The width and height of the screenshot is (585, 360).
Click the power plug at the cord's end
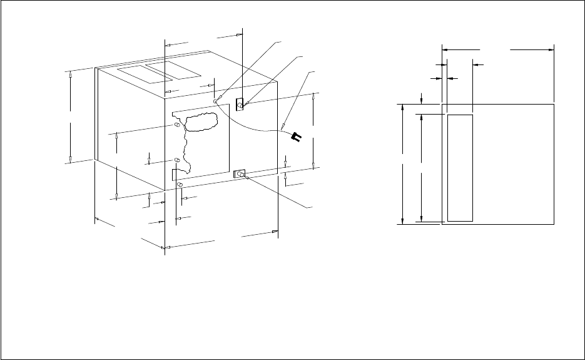297,136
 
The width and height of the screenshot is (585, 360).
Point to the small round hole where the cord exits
215,100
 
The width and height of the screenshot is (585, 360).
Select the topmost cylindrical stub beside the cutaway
177,125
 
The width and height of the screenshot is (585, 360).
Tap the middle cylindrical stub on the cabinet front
177,162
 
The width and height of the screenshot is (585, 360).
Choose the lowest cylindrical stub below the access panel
180,185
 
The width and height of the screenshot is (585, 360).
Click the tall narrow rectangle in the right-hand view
460,167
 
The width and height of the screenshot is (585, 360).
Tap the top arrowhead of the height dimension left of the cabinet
71,73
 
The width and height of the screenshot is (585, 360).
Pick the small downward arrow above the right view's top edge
422,101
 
